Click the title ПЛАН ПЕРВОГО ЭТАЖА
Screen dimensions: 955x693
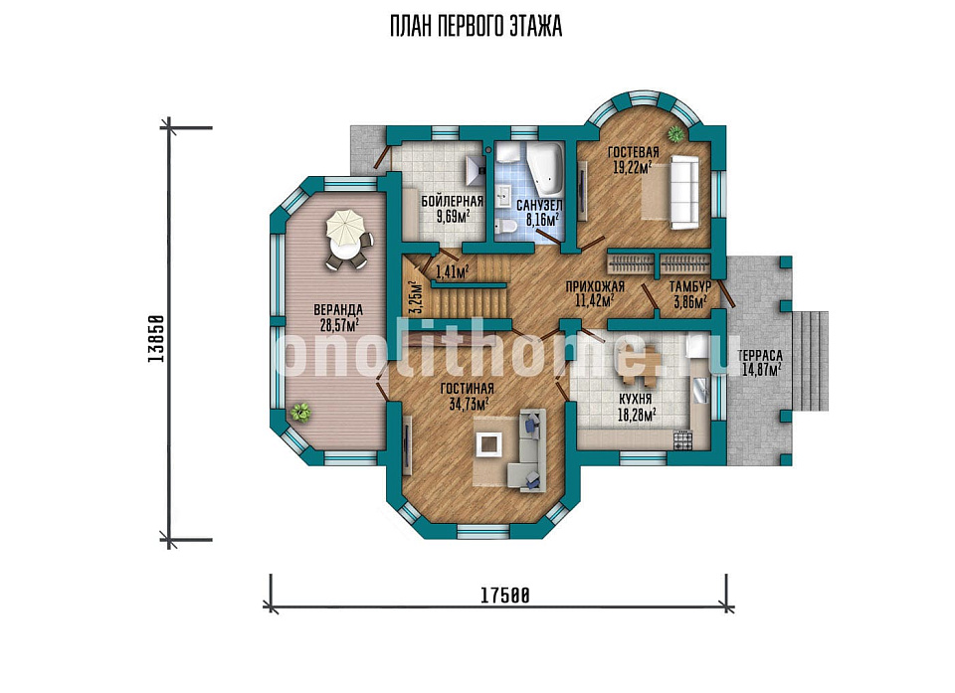[476, 27]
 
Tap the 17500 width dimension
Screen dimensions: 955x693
[505, 595]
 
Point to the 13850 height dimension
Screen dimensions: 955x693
[156, 339]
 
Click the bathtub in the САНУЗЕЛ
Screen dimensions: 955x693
[545, 165]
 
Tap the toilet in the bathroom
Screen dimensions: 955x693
[505, 227]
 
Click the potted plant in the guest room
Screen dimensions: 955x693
[674, 133]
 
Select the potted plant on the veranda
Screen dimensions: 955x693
[300, 413]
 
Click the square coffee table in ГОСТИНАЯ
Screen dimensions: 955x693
[488, 443]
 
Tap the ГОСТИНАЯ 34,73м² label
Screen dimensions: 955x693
[468, 396]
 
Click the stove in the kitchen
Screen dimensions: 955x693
[682, 439]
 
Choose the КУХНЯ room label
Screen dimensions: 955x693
[636, 399]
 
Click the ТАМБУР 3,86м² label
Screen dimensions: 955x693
[689, 294]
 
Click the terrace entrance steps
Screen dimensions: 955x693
[810, 361]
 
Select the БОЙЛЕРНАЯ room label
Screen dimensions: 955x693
[452, 201]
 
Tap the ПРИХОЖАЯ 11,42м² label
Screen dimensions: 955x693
[595, 293]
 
